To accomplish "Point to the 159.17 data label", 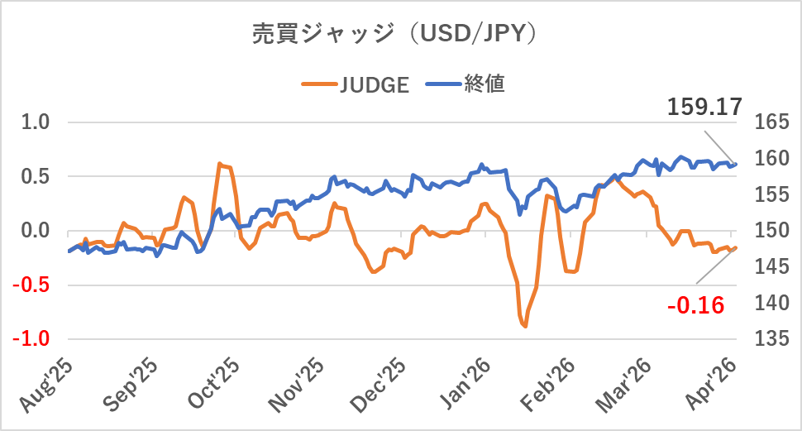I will pos(704,107).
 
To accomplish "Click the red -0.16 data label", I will pos(696,306).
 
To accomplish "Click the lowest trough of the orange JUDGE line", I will pos(525,327).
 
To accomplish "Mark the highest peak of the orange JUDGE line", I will pos(219,164).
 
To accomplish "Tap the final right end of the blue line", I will pos(736,164).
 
